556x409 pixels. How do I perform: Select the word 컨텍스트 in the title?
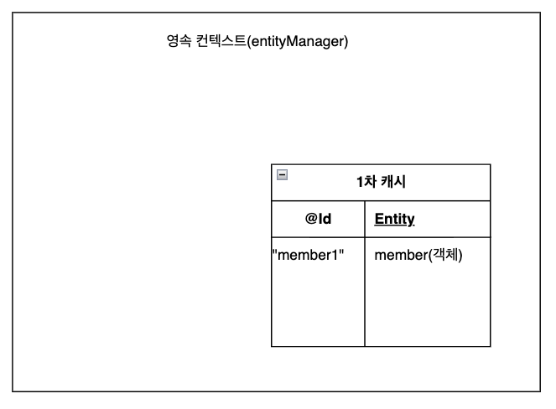point(221,41)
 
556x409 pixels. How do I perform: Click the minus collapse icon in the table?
point(282,175)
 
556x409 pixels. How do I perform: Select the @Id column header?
point(318,220)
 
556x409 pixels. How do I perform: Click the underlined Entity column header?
point(394,220)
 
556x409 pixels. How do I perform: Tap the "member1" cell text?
point(308,255)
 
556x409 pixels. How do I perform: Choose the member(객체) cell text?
point(418,255)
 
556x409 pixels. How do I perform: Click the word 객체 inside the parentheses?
point(445,255)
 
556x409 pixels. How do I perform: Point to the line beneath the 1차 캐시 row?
point(381,201)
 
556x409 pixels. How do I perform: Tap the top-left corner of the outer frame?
point(13,13)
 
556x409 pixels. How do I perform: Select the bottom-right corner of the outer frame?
point(541,391)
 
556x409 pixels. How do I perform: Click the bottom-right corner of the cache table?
point(490,346)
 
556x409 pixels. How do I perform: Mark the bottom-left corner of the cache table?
point(272,346)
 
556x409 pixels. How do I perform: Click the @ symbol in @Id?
point(310,220)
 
